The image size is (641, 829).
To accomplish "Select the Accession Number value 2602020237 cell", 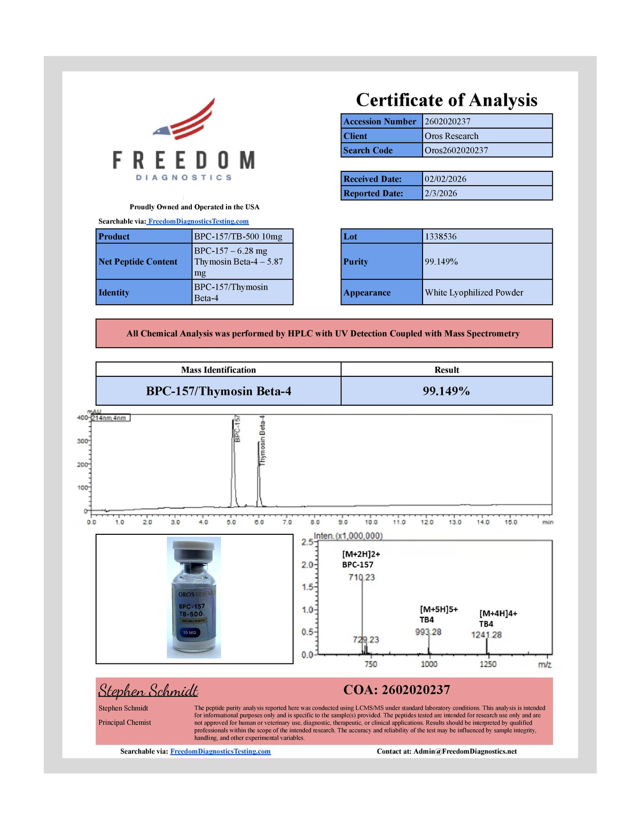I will [487, 121].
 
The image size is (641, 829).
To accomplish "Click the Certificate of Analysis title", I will [447, 100].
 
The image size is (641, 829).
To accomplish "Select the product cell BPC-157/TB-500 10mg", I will [242, 236].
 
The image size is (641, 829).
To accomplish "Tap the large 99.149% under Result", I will [446, 391].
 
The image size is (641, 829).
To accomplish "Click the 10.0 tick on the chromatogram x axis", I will [371, 522].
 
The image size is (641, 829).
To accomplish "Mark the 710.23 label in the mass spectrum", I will [362, 577].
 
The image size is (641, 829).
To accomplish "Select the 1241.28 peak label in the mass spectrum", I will [486, 635].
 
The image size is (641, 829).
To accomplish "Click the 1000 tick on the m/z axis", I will [429, 664].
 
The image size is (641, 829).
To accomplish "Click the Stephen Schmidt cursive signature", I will [148, 690].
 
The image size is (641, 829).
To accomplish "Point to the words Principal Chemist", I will [124, 722].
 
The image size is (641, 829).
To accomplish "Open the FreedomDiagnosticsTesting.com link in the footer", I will [220, 751].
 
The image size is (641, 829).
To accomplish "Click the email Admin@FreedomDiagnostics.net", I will [465, 751].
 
